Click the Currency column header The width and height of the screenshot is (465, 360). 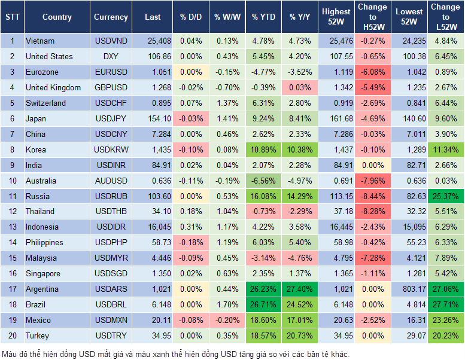[x=111, y=17]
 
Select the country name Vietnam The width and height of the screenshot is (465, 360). [x=40, y=41]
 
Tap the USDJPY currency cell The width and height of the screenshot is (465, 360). [x=111, y=119]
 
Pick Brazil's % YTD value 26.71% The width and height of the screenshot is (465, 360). [x=263, y=305]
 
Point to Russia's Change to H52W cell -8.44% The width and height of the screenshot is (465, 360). [x=372, y=196]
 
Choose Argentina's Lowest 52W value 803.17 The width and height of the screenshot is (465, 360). [x=410, y=289]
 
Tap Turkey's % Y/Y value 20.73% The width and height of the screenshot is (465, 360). [x=301, y=336]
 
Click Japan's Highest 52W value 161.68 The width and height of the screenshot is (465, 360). [x=337, y=119]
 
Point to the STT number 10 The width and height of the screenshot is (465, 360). [x=12, y=181]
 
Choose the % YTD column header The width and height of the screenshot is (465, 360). [x=263, y=17]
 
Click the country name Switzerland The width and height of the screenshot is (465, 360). [x=45, y=103]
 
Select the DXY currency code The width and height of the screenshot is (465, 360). [x=111, y=57]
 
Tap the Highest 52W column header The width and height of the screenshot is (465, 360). [x=336, y=17]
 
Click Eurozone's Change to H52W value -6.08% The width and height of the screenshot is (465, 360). [x=372, y=72]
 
